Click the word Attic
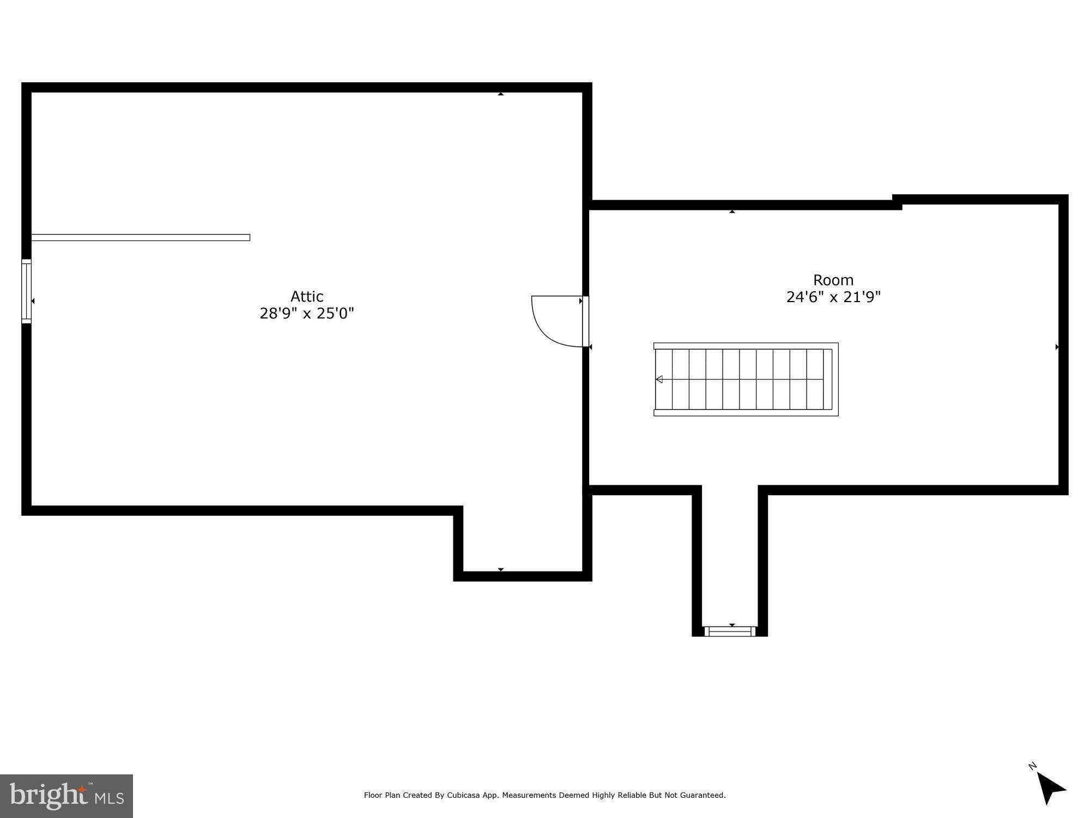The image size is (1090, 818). click(x=307, y=297)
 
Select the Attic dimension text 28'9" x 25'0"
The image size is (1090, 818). click(x=307, y=314)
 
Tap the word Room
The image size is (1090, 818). click(x=833, y=280)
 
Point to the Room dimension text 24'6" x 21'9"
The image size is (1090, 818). click(x=833, y=297)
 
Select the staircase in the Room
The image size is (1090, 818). click(x=746, y=380)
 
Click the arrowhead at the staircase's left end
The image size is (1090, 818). click(x=659, y=380)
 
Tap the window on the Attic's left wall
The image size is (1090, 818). click(x=26, y=291)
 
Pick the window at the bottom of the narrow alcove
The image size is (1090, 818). click(x=730, y=631)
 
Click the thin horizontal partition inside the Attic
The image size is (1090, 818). click(x=141, y=237)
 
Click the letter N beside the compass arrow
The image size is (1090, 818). click(x=1032, y=766)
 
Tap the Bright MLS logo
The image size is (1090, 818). click(x=66, y=796)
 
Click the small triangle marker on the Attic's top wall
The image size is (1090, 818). click(x=500, y=94)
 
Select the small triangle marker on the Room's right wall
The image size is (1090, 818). click(x=1057, y=347)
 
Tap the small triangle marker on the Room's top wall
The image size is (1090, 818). click(x=732, y=211)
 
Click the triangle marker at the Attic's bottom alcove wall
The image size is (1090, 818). click(x=500, y=570)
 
